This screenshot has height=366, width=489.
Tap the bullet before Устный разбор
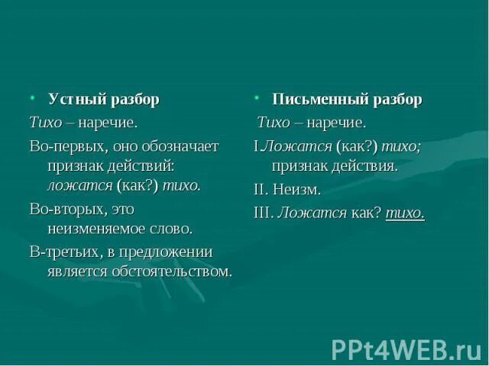(34, 98)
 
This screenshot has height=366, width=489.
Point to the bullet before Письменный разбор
(257, 98)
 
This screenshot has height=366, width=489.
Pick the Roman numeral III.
(263, 213)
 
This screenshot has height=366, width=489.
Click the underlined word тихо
(405, 213)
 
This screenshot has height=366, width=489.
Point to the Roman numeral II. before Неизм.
(261, 189)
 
